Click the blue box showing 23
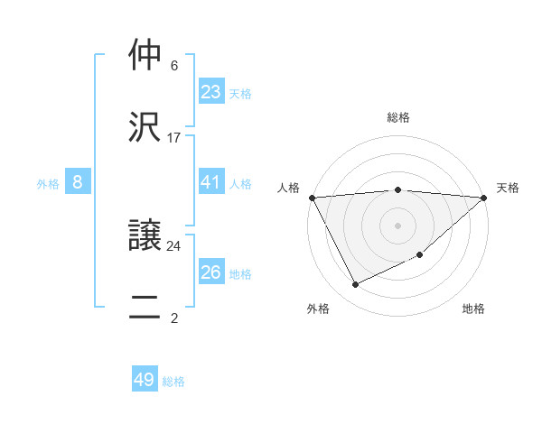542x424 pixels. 210,92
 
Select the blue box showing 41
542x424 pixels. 210,182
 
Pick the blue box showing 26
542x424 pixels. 210,272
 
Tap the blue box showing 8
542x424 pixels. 78,182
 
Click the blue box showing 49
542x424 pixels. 145,380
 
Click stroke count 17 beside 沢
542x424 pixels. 174,138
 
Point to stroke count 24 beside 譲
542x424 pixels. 174,245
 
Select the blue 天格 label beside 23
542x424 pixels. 240,93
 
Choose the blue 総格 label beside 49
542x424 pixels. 173,382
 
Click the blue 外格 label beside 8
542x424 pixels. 48,184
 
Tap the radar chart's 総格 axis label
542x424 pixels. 398,117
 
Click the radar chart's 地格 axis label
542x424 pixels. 473,309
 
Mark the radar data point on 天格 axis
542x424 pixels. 483,198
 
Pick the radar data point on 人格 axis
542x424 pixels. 312,198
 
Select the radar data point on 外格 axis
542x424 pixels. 355,285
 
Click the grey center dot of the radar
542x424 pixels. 397,225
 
